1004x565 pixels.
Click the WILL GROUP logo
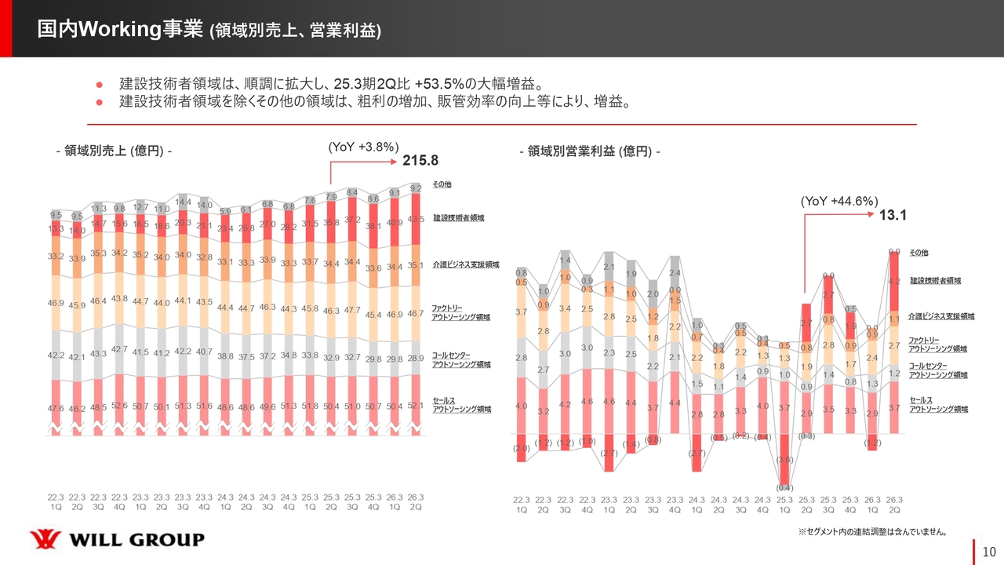(117, 540)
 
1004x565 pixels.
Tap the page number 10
(989, 552)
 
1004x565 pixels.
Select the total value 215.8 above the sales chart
(420, 161)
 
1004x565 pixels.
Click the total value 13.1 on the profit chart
(893, 216)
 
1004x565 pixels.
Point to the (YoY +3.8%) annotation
(363, 147)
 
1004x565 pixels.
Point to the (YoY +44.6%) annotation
(838, 202)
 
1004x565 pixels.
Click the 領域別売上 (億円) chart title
(114, 151)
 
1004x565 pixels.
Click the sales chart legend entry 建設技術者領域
(458, 217)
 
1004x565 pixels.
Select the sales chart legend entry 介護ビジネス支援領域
(465, 265)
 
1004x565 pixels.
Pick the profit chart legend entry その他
(919, 253)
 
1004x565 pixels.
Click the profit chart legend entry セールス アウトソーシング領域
(938, 404)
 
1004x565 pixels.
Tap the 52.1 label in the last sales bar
(417, 406)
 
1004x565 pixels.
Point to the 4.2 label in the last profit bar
(893, 281)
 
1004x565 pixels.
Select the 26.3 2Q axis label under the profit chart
(893, 505)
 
